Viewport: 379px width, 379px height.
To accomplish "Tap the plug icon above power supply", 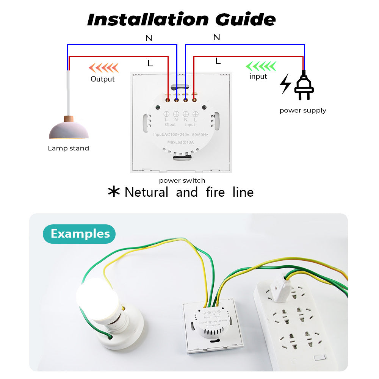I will click(x=304, y=87).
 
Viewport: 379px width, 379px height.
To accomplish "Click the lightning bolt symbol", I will click(x=285, y=84).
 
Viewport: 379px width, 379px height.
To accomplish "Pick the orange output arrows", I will click(x=103, y=68).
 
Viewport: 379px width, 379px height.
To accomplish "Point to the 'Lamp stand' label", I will click(x=68, y=148).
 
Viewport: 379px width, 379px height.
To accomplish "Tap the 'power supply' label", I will click(x=303, y=110).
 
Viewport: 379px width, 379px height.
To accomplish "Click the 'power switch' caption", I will click(x=182, y=180).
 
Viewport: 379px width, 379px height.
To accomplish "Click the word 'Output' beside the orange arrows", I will click(x=102, y=79).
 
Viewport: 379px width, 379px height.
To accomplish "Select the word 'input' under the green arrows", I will click(x=258, y=77).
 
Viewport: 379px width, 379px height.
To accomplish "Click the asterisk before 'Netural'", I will click(x=114, y=192).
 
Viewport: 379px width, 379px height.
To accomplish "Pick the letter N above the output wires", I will click(x=149, y=38).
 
